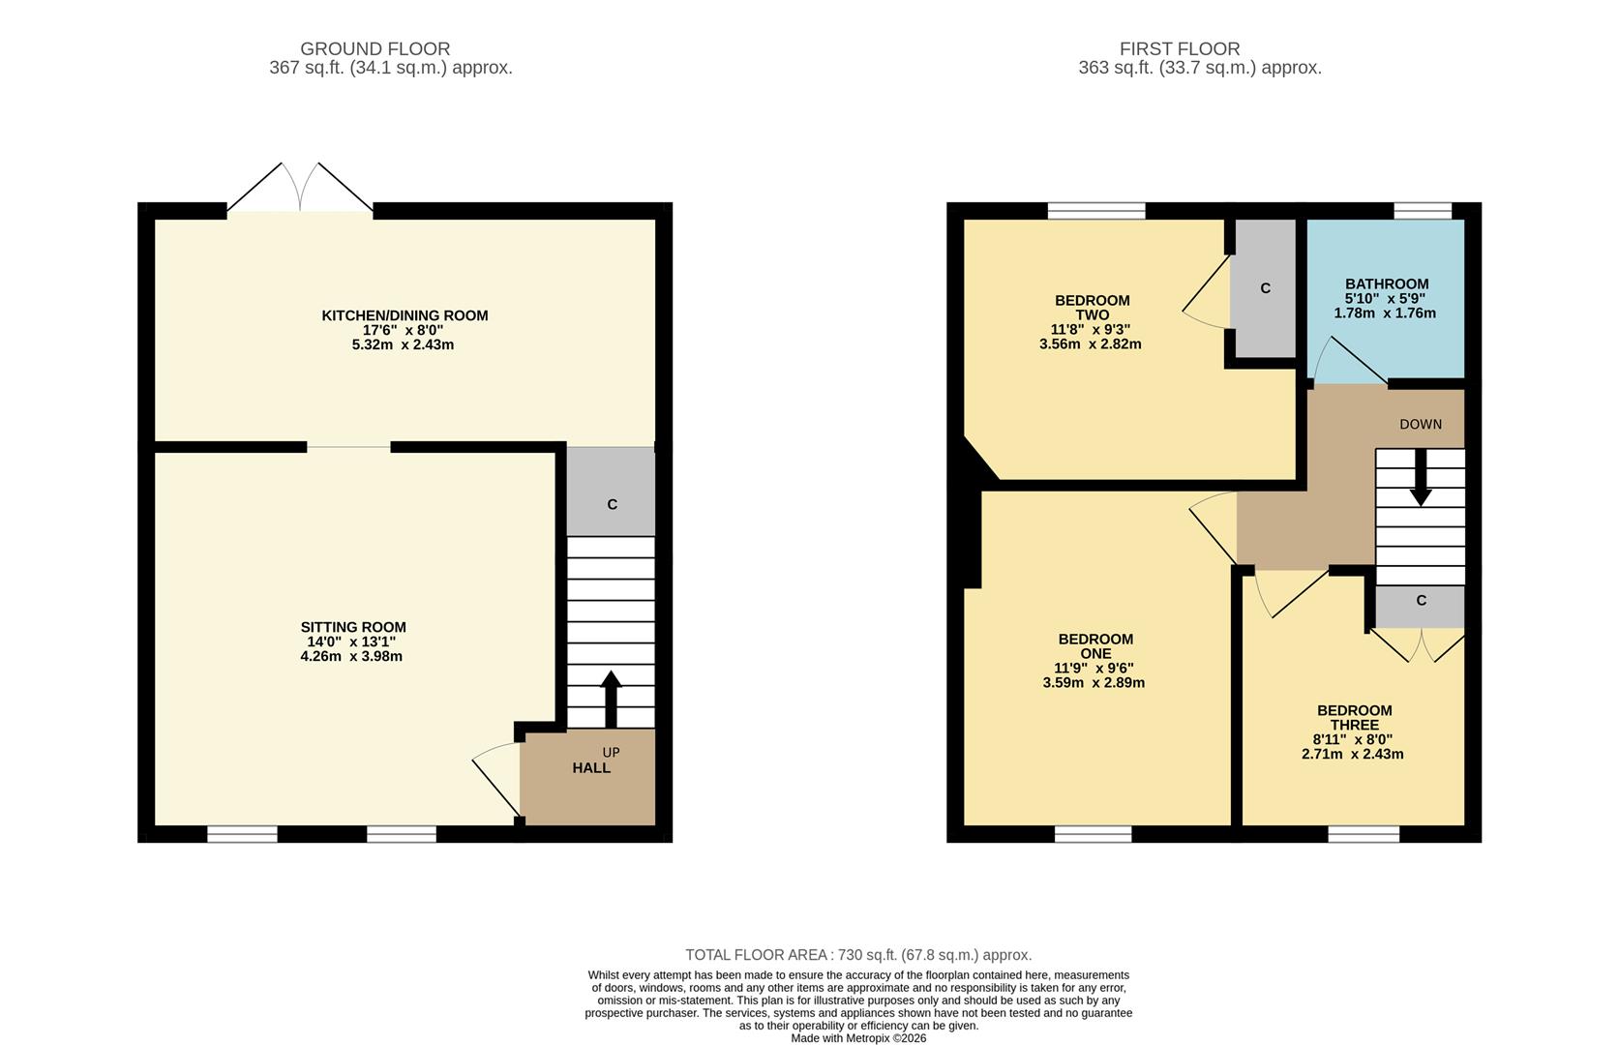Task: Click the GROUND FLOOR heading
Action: point(375,48)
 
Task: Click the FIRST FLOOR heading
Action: point(1179,48)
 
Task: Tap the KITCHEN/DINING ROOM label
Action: point(405,315)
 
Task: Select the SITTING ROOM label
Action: point(353,627)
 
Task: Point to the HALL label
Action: point(591,768)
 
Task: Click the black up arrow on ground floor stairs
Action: point(611,699)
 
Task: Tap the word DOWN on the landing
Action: point(1420,424)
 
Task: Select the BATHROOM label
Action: point(1386,284)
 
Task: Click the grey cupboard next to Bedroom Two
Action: point(1265,288)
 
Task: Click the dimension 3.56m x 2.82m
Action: point(1090,344)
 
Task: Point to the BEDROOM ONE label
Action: point(1094,646)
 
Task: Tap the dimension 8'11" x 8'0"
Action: point(1353,739)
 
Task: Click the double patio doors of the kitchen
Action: point(300,190)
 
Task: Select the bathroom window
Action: point(1422,210)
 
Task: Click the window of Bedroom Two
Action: point(1096,210)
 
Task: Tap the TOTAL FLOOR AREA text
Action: point(858,955)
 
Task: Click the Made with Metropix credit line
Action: point(858,1038)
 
